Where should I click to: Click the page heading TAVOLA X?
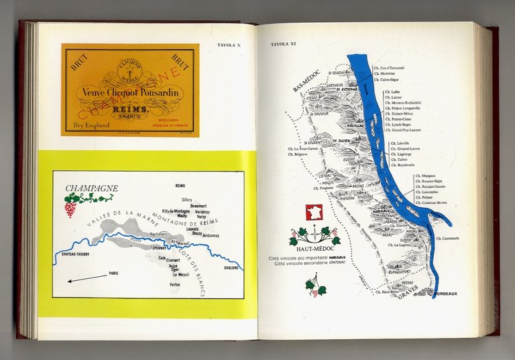pos(231,46)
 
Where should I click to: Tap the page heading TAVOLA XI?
pos(283,46)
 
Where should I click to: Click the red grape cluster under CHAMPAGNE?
pos(70,208)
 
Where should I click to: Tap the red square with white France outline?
pos(313,213)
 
